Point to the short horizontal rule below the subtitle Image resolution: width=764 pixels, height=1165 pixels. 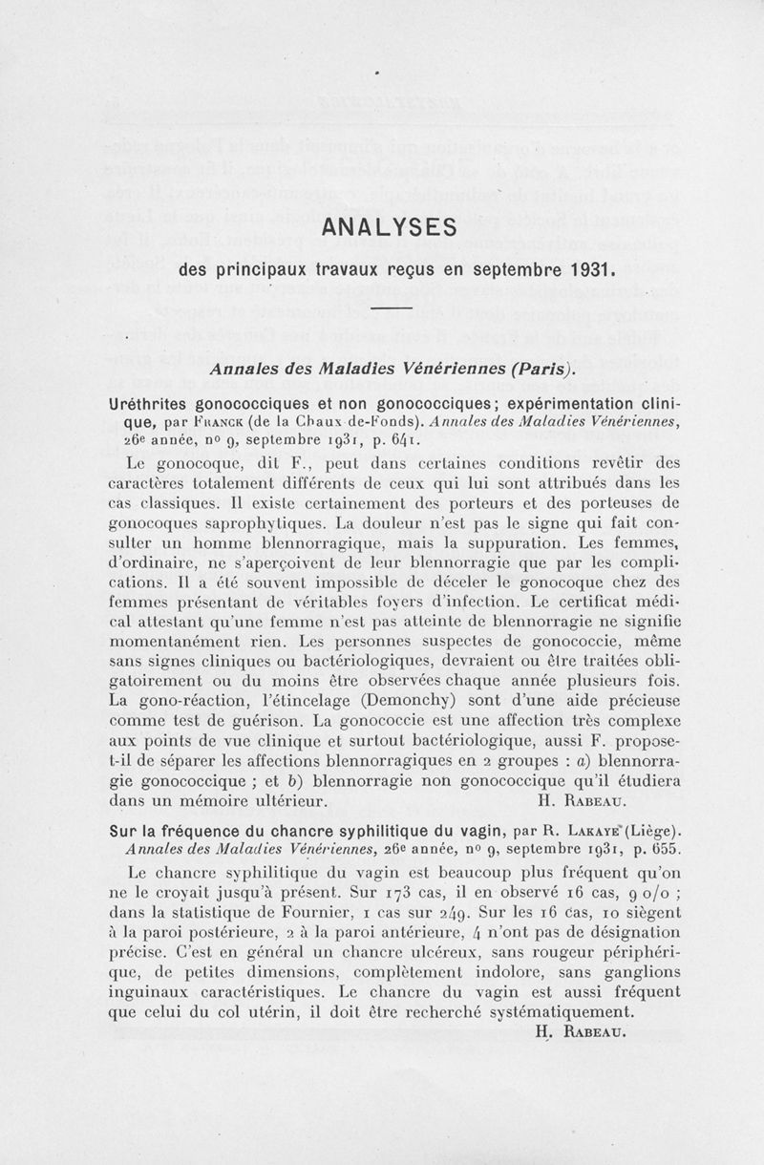click(x=390, y=308)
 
